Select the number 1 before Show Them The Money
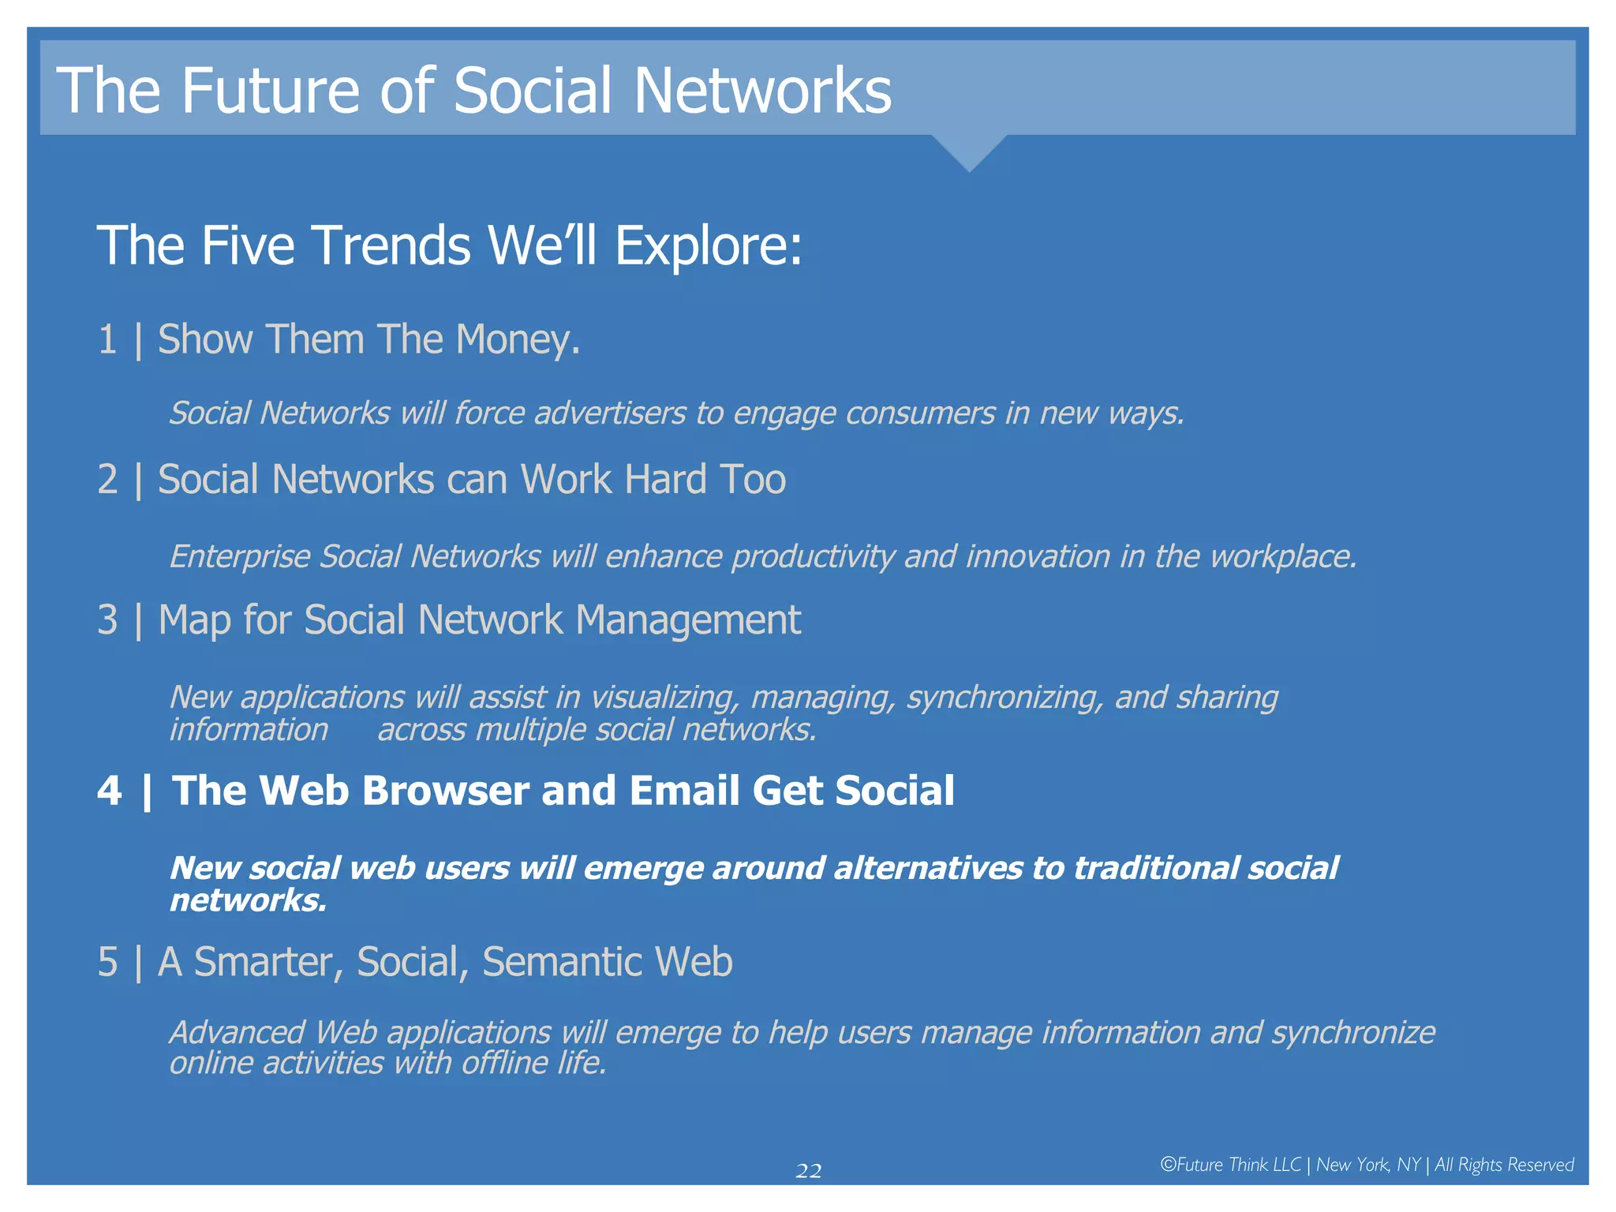pos(107,340)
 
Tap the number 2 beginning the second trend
pos(107,480)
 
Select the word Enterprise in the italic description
pos(241,557)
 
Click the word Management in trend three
pos(688,620)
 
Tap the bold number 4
pos(110,791)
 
